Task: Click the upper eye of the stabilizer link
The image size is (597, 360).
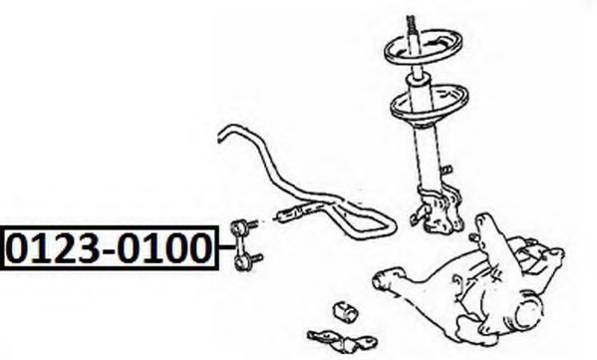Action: tap(237, 227)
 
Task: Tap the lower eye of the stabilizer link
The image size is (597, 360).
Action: tap(240, 263)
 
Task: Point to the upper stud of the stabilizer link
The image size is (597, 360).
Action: tap(252, 224)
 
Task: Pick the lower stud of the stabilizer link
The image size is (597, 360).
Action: tap(255, 258)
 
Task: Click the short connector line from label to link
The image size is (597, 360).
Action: tap(226, 247)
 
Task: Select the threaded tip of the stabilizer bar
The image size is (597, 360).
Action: tap(287, 214)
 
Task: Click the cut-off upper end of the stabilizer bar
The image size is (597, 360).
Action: tap(220, 137)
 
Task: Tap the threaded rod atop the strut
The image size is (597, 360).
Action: tap(411, 24)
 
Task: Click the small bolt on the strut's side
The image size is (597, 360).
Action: tap(447, 170)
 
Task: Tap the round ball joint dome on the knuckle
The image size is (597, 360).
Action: tap(529, 307)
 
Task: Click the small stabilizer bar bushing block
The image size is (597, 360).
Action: tap(346, 312)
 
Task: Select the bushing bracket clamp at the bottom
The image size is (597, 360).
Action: tap(342, 340)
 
